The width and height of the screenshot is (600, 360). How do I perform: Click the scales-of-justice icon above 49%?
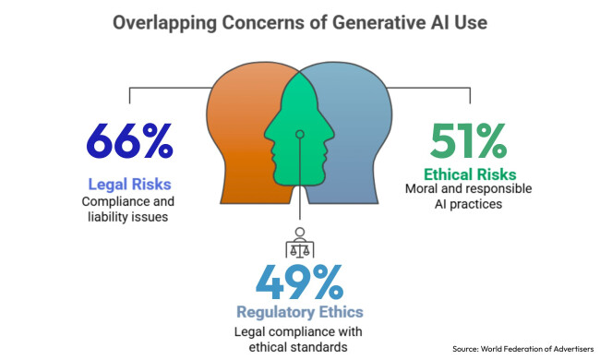coord(299,242)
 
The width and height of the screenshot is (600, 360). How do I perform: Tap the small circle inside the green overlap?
coord(300,135)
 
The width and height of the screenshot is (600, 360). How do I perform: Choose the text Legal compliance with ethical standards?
coord(299,340)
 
